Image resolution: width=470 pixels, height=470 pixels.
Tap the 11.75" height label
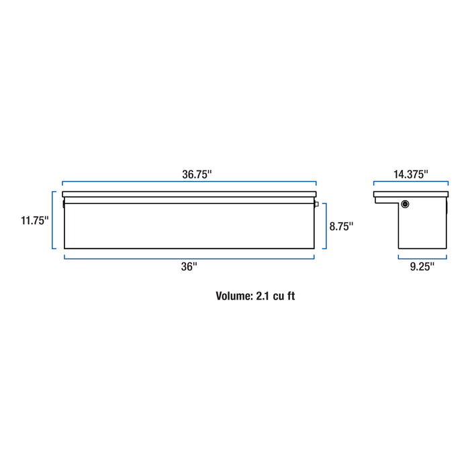click(35, 220)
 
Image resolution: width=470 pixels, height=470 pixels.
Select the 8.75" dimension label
click(341, 226)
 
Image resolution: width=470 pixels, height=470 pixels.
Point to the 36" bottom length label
click(189, 267)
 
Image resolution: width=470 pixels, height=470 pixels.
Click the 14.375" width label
click(410, 173)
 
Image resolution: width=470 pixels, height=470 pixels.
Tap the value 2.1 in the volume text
click(263, 295)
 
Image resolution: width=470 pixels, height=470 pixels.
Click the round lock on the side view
click(406, 204)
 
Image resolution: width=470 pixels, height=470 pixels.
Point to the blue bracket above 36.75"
click(189, 182)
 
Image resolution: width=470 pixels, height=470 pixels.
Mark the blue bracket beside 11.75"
click(53, 220)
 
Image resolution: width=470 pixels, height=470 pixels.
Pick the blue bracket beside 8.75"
click(325, 226)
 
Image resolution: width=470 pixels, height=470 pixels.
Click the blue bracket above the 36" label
click(189, 256)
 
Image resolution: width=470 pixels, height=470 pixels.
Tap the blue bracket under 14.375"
click(410, 182)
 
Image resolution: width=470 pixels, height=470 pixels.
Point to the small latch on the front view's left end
click(63, 203)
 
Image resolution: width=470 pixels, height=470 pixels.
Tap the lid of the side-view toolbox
click(410, 195)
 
